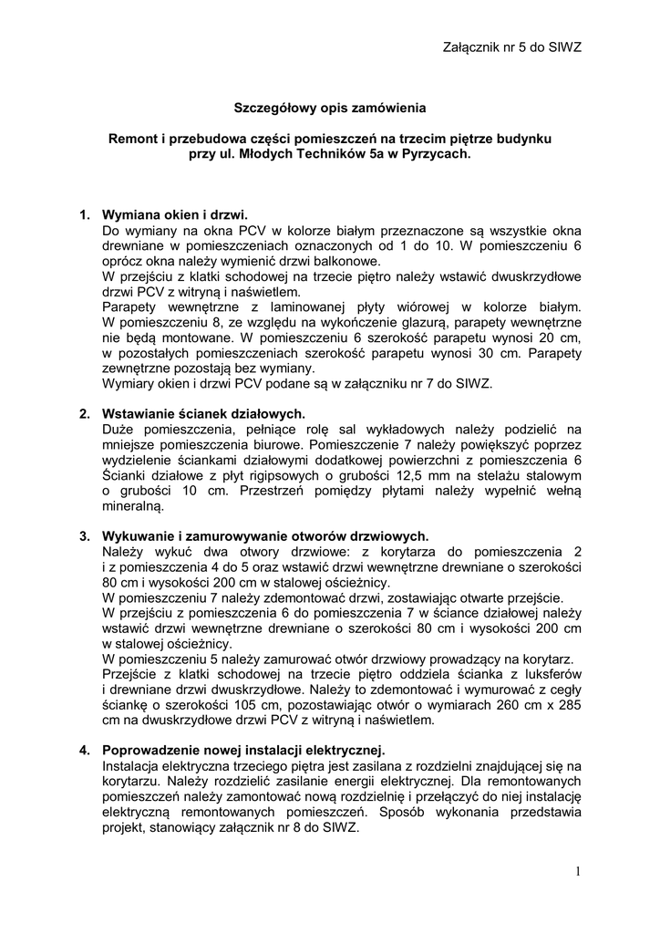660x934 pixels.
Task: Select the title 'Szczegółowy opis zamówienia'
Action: pyautogui.click(x=329, y=108)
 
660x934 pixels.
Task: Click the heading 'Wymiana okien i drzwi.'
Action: pyautogui.click(x=175, y=215)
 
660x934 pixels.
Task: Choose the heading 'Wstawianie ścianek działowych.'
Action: pyautogui.click(x=196, y=413)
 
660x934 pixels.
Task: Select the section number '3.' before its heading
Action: pyautogui.click(x=84, y=535)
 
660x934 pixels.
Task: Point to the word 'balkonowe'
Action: pyautogui.click(x=332, y=261)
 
